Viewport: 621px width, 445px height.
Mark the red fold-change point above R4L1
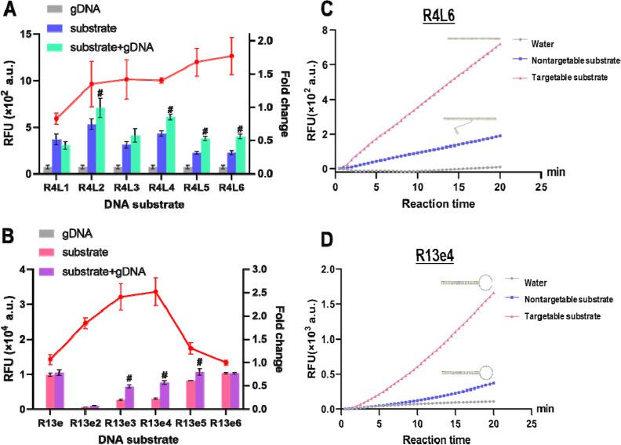(56, 119)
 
